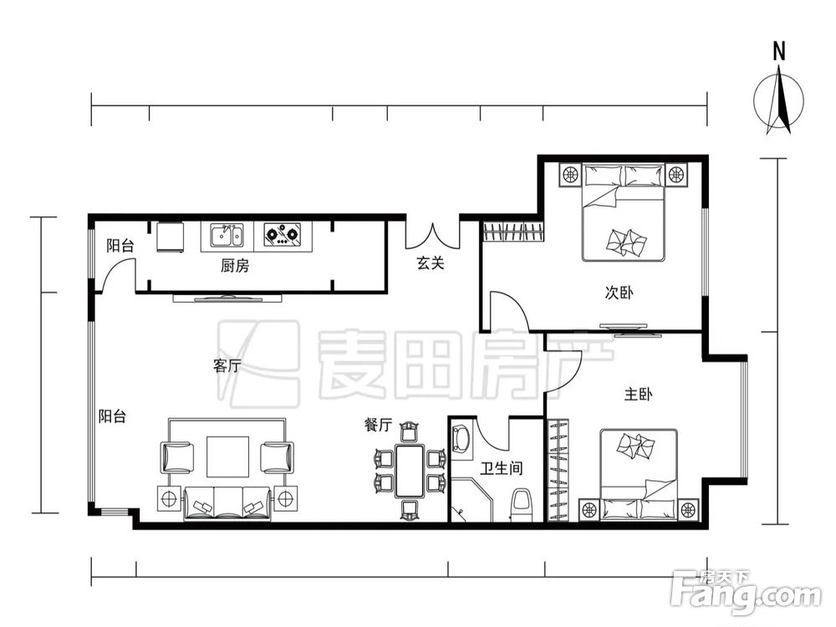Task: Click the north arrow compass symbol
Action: [x=778, y=99]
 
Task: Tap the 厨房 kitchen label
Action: [x=235, y=265]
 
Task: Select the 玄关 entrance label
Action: [x=430, y=263]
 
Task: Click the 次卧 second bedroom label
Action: [x=619, y=292]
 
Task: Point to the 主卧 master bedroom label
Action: [x=638, y=394]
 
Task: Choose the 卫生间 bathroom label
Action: [x=502, y=468]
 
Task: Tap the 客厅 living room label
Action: [x=227, y=366]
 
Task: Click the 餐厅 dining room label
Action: [x=378, y=425]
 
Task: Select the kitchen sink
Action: [x=227, y=235]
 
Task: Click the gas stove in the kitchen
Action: [x=282, y=235]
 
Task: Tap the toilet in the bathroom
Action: [x=522, y=504]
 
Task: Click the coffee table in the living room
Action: [x=227, y=456]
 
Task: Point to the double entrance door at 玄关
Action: [x=432, y=236]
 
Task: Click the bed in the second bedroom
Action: [x=624, y=212]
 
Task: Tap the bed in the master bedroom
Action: [x=639, y=474]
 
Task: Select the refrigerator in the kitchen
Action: [x=170, y=237]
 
